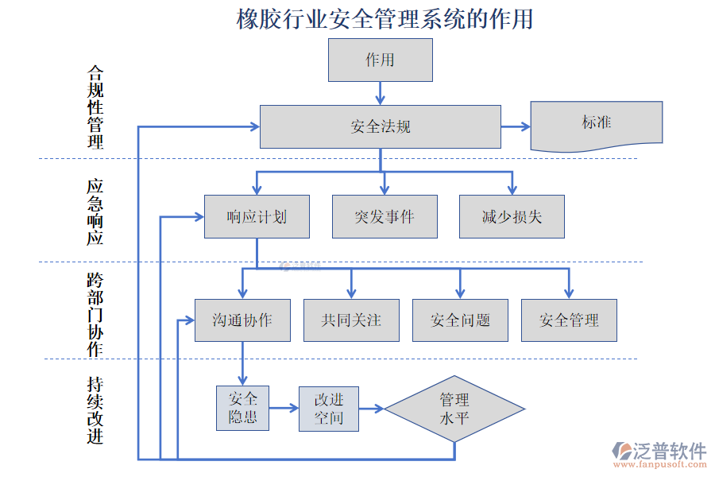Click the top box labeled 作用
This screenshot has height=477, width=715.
[x=380, y=60]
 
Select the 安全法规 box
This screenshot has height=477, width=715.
[x=380, y=126]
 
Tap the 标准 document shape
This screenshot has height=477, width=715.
[x=596, y=125]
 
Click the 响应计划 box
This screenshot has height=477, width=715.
[x=257, y=216]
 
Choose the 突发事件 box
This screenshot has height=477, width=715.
[x=385, y=216]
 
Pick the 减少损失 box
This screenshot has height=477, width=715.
[x=512, y=216]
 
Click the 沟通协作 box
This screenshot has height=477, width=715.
[x=242, y=320]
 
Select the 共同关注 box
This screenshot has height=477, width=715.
[x=351, y=320]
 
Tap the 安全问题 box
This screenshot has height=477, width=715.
[x=460, y=320]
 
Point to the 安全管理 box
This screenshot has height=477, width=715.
[x=569, y=320]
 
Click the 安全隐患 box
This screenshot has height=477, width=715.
[x=242, y=408]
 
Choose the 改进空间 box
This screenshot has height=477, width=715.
[x=329, y=409]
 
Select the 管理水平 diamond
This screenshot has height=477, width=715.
[x=454, y=409]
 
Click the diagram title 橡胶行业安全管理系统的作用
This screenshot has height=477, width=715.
[x=385, y=19]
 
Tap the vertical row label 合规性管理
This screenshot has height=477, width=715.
[x=95, y=107]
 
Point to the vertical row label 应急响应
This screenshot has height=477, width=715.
[x=95, y=211]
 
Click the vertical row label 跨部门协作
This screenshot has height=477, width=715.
[x=95, y=315]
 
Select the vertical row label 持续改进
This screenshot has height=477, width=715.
[x=95, y=409]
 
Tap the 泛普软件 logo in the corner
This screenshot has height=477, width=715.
[x=659, y=452]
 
